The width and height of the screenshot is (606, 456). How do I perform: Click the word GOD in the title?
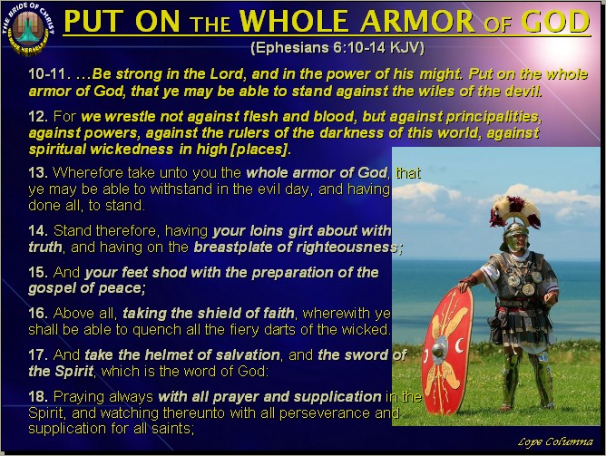[x=552, y=22]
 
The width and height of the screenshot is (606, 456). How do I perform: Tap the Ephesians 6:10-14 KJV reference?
[x=337, y=46]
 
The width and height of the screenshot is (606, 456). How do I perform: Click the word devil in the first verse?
[x=521, y=91]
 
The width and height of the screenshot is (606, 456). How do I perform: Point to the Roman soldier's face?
[x=514, y=240]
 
